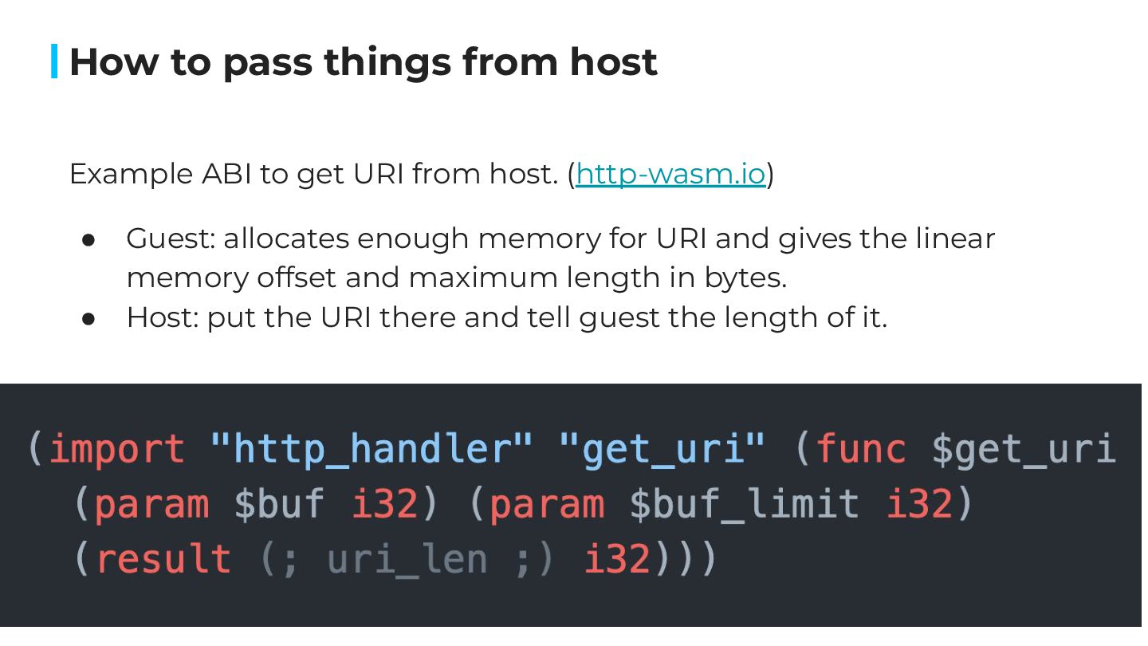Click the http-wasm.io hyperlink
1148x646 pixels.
(x=670, y=174)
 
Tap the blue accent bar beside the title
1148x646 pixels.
(x=54, y=61)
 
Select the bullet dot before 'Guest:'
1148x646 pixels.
(x=89, y=239)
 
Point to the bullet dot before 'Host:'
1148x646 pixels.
(x=89, y=318)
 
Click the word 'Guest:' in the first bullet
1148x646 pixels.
(x=170, y=239)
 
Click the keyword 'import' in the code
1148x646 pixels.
(x=116, y=449)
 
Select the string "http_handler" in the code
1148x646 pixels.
(x=371, y=449)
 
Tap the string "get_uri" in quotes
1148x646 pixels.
(x=662, y=449)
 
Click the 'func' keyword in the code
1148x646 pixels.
(x=861, y=449)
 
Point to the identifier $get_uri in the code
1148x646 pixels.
(x=1024, y=449)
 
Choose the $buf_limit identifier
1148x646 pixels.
(x=745, y=504)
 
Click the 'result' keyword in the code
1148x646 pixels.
(x=163, y=559)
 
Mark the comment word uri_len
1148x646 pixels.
(x=407, y=559)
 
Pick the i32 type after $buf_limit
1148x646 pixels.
(x=920, y=504)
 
